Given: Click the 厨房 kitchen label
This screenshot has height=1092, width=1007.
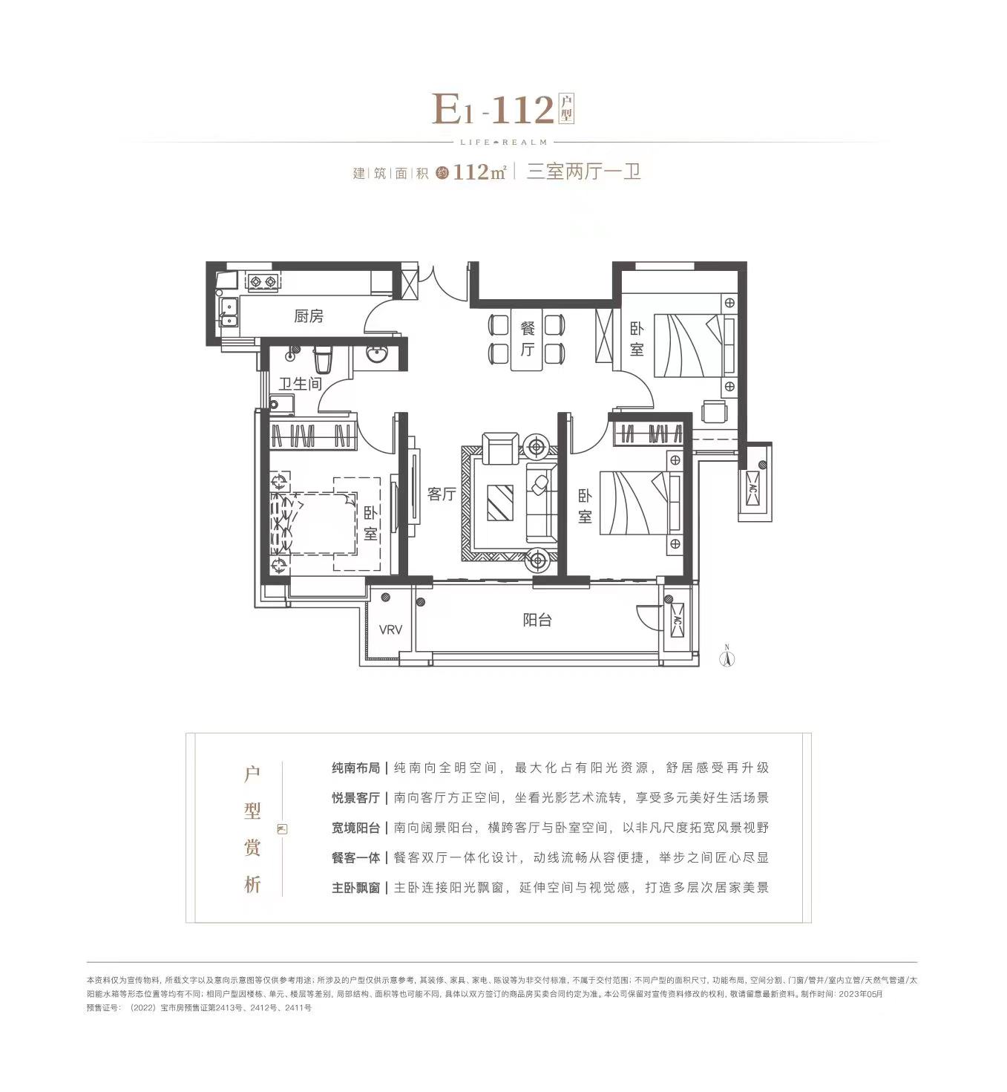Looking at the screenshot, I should click(309, 316).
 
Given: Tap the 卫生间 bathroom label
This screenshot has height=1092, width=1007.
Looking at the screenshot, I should click(300, 384).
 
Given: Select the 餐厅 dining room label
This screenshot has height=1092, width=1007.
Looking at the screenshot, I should click(528, 339).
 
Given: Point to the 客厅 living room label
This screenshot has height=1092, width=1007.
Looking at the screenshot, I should click(442, 494).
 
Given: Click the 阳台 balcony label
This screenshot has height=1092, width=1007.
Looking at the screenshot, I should click(537, 620).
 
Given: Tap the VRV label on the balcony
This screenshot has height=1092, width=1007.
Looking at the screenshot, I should click(390, 630).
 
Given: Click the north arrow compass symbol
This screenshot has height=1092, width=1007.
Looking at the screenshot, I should click(728, 655).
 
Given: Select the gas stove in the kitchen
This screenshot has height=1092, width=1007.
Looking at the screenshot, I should click(263, 281).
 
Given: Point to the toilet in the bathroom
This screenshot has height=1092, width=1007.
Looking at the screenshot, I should click(324, 360).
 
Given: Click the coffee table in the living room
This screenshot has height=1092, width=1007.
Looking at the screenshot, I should click(499, 503).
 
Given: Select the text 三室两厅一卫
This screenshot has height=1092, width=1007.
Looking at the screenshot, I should click(583, 172).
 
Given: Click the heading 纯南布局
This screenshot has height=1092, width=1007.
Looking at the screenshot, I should click(355, 768).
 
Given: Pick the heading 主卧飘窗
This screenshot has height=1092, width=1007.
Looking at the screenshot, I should click(355, 887).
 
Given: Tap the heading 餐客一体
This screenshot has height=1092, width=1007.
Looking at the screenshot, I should click(355, 857).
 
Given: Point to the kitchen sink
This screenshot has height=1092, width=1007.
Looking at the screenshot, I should click(227, 311).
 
